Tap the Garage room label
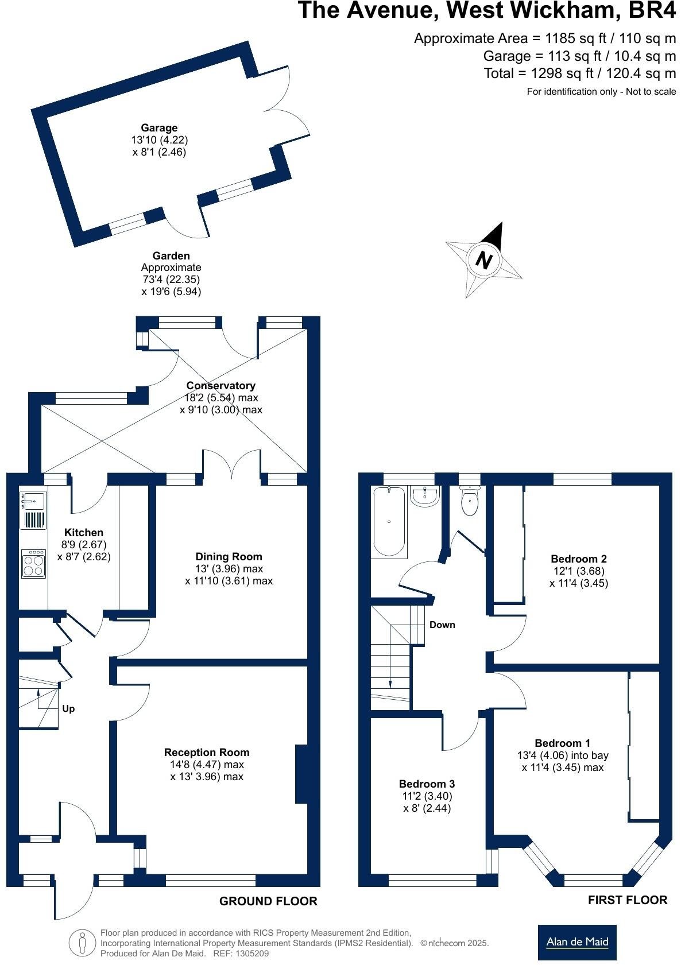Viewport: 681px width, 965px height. (x=159, y=128)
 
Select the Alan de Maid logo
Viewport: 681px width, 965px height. (x=577, y=942)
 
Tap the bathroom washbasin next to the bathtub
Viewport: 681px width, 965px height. (x=425, y=497)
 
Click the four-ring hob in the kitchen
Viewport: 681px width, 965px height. (x=33, y=564)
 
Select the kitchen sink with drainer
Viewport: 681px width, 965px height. (x=33, y=509)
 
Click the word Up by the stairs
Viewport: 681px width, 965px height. (x=68, y=709)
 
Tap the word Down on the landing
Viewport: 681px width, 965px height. (x=442, y=625)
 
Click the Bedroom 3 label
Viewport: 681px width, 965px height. (x=427, y=784)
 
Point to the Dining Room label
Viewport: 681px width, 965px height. (x=229, y=556)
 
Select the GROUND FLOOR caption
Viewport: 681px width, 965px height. (x=268, y=901)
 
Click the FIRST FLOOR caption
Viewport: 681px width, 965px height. (x=627, y=900)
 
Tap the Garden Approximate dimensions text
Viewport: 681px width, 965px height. (x=171, y=274)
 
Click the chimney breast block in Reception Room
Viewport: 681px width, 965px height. (x=301, y=774)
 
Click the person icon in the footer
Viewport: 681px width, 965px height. (x=82, y=943)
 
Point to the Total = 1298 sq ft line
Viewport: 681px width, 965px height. (x=579, y=73)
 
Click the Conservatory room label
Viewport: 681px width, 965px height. (x=220, y=386)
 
